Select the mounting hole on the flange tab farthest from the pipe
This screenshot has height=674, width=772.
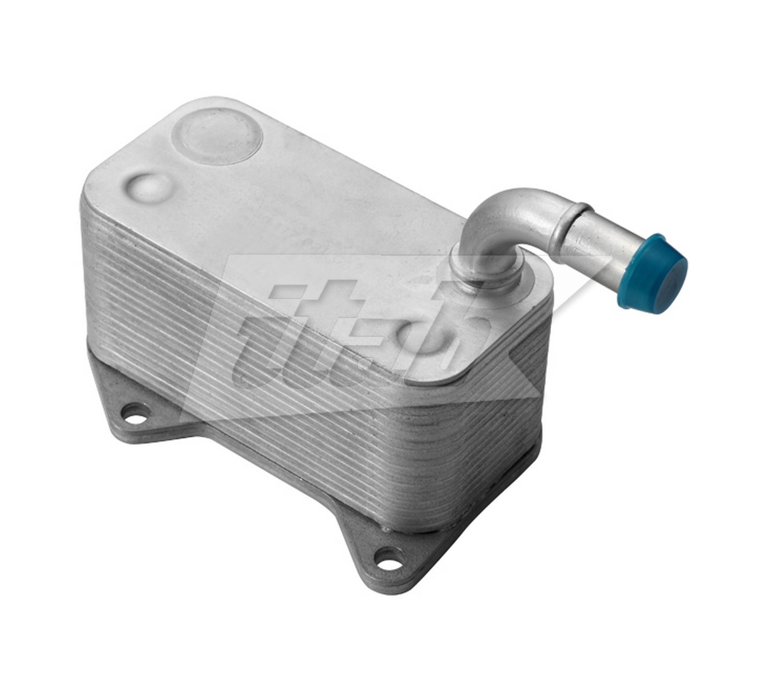click(132, 412)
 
